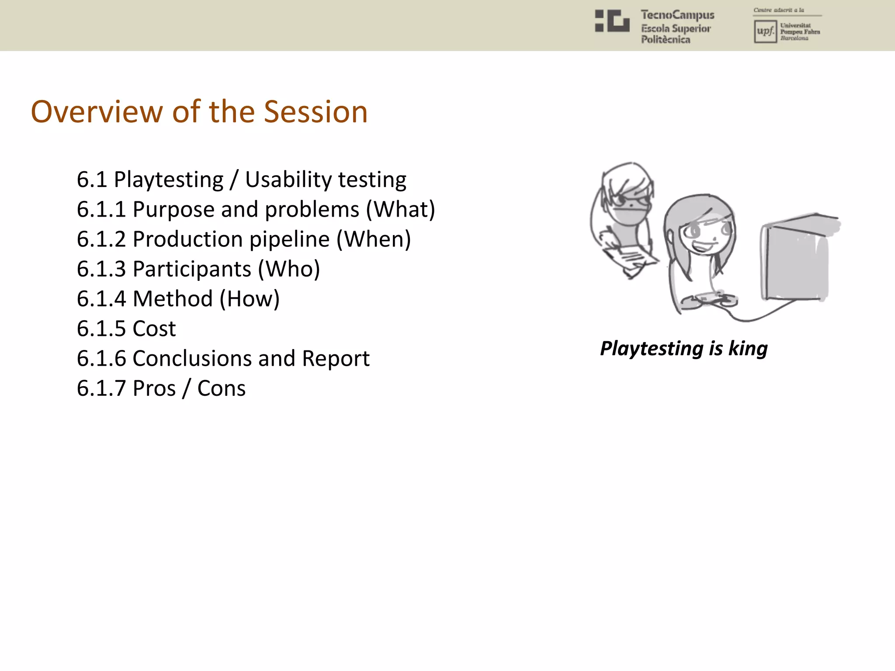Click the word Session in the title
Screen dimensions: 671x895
(x=316, y=112)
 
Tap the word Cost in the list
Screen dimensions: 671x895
(x=154, y=329)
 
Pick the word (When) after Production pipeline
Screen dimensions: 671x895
(x=374, y=239)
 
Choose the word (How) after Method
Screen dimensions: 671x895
(x=250, y=299)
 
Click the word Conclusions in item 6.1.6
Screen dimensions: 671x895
(x=191, y=359)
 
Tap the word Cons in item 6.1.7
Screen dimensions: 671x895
(x=221, y=388)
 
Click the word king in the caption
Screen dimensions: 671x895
(x=748, y=349)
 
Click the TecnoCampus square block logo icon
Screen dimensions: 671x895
(x=612, y=21)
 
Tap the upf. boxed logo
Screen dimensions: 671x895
(x=765, y=31)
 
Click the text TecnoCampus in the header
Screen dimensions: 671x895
(x=677, y=15)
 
